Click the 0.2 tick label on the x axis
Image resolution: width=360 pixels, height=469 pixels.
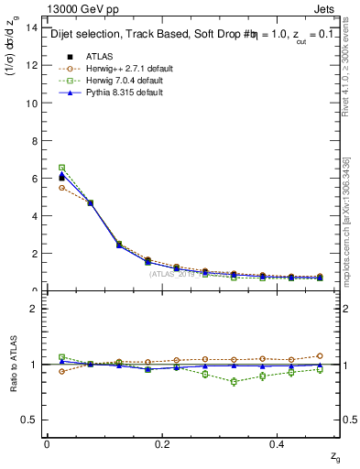[162, 444]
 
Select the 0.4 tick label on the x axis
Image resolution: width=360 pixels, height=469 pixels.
[278, 444]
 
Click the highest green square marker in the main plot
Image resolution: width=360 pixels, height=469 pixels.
[61, 168]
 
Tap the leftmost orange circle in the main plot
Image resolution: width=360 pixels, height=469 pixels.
[61, 187]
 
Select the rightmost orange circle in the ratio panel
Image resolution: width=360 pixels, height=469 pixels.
[320, 355]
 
